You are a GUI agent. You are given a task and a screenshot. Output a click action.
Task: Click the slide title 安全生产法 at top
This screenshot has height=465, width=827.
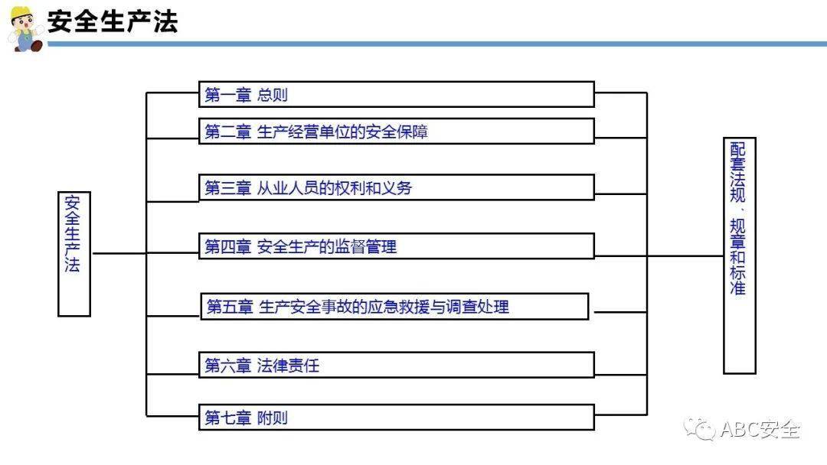coord(113,21)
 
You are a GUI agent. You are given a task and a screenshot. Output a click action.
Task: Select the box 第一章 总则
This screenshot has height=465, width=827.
coord(397,94)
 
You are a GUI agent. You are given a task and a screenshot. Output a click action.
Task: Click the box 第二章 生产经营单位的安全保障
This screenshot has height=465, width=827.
coord(397,131)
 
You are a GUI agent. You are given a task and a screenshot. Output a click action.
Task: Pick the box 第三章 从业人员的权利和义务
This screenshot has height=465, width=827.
coord(397,187)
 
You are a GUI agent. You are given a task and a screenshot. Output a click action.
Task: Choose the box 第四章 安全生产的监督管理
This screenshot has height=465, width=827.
coord(397,246)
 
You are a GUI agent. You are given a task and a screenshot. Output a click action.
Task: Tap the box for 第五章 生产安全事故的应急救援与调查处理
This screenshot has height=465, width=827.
coord(394,306)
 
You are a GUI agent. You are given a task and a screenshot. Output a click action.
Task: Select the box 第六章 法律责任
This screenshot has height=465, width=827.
coord(397,364)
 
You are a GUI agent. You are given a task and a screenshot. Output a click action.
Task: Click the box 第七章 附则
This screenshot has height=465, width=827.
coord(397,417)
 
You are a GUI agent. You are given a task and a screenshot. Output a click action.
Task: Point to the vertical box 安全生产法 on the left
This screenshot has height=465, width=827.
coord(74,254)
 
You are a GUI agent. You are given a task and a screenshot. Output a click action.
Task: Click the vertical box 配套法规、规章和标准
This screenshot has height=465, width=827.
coord(740,256)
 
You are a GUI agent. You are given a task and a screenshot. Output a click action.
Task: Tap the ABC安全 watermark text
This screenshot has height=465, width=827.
coord(760,430)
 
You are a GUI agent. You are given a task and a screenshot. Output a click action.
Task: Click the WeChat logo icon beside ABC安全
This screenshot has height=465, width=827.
coord(699,428)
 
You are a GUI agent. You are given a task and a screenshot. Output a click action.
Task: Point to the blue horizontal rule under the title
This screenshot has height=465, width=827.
coord(437,44)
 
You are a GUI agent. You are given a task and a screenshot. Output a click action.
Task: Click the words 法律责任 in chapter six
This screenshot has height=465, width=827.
coord(288,365)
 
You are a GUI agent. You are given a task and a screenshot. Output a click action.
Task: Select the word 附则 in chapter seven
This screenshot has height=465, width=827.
coord(272,418)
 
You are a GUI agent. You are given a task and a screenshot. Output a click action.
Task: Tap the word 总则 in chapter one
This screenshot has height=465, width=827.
coord(272,95)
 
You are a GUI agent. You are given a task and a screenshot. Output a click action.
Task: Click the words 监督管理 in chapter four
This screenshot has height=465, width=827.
coord(365,246)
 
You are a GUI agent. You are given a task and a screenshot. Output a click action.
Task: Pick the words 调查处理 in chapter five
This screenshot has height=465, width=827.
coord(478,307)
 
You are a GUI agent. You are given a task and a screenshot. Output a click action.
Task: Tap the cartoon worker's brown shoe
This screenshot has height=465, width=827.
coord(36,47)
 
